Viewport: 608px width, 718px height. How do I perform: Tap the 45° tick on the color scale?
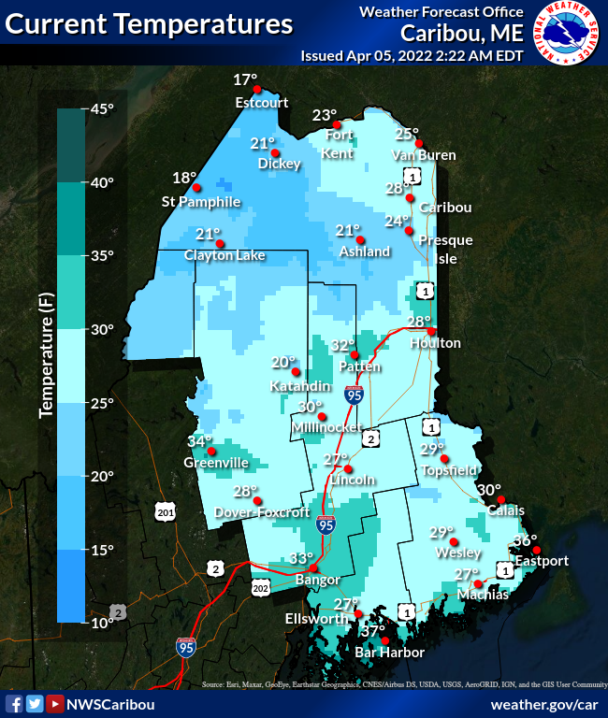point(101,108)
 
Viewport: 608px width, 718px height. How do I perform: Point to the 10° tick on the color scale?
point(101,622)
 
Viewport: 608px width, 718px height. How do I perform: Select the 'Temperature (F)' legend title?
point(44,355)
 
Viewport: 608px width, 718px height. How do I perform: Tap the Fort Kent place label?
point(339,145)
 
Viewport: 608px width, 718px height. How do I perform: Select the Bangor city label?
point(310,581)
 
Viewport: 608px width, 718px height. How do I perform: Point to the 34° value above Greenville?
point(199,441)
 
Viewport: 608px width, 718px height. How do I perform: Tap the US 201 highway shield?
point(166,512)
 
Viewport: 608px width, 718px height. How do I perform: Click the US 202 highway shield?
point(261,587)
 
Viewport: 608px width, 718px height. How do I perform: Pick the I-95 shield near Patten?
point(354,395)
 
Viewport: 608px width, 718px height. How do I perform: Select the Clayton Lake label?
point(224,255)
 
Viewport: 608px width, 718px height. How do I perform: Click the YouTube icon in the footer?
point(55,704)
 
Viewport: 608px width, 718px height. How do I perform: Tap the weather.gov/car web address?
point(543,704)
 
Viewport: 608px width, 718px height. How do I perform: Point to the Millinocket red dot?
point(323,417)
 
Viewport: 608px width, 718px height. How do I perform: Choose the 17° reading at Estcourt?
point(244,79)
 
